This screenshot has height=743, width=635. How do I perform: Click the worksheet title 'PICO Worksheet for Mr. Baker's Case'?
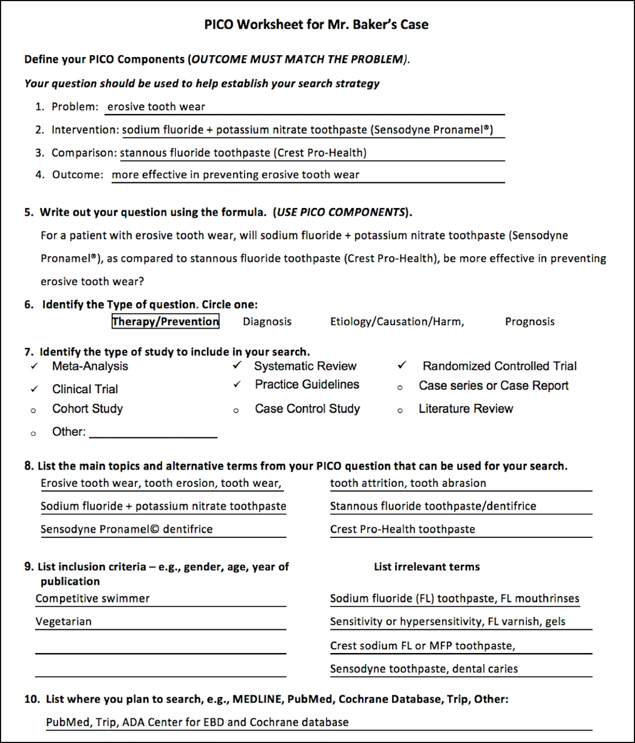click(316, 24)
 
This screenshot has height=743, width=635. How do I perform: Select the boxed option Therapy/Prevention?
click(165, 322)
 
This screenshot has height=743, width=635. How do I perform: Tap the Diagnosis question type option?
click(267, 322)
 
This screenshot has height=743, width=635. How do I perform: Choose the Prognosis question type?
click(529, 322)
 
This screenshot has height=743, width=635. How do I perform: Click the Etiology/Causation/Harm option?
click(397, 322)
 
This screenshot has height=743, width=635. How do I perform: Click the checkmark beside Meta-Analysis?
click(35, 366)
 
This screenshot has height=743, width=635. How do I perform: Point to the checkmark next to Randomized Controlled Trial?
click(402, 366)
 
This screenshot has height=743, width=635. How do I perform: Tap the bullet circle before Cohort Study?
click(34, 410)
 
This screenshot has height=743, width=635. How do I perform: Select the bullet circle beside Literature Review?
click(400, 410)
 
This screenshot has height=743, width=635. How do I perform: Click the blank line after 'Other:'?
click(153, 433)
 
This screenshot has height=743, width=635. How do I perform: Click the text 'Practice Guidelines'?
click(307, 384)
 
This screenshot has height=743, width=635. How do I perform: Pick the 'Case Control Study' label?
click(307, 409)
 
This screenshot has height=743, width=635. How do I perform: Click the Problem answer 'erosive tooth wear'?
click(156, 107)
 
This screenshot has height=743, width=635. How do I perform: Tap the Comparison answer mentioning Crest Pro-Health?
click(243, 153)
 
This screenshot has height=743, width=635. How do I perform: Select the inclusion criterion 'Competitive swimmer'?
click(92, 598)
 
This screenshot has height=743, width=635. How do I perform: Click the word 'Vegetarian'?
click(63, 621)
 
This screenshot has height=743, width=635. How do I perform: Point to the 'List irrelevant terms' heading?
click(427, 567)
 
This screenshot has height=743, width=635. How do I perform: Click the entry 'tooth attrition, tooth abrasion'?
click(408, 483)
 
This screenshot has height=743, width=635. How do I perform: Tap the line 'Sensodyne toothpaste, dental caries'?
click(423, 668)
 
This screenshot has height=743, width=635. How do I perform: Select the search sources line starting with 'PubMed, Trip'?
click(197, 722)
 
